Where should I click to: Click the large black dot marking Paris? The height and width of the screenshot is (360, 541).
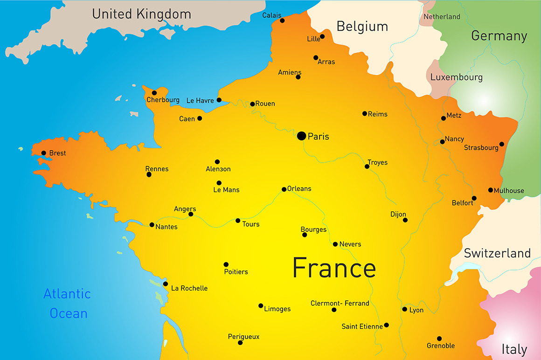[x=301, y=136]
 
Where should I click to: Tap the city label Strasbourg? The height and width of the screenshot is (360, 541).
[x=481, y=148]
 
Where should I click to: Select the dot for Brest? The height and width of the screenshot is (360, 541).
[x=43, y=152]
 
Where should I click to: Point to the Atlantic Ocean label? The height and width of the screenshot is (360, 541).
[x=68, y=304]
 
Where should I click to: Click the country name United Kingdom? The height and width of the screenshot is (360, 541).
[x=141, y=14]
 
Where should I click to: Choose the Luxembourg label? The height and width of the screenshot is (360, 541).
[x=456, y=77]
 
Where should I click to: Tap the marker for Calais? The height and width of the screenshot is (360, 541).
[x=282, y=21]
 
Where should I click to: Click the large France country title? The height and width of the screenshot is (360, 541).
[x=334, y=268]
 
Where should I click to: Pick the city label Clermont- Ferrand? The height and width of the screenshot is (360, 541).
[x=340, y=303]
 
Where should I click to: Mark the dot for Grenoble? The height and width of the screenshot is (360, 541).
[x=439, y=339]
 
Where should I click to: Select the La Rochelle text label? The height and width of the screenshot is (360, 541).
[x=189, y=288]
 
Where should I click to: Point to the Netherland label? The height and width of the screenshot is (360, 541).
[x=442, y=17]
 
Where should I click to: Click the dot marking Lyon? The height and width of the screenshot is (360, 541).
[x=404, y=309]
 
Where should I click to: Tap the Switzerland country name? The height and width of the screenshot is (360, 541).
[x=497, y=253]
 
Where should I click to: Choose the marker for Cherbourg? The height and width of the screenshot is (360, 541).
[x=154, y=92]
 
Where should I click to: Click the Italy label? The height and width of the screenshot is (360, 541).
[x=514, y=349]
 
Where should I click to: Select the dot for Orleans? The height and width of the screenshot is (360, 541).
[x=284, y=189]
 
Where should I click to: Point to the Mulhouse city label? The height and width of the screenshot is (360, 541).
[x=509, y=191]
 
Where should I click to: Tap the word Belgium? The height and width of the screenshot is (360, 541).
[x=362, y=27]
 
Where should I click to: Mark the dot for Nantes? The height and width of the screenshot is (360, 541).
[x=152, y=225]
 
